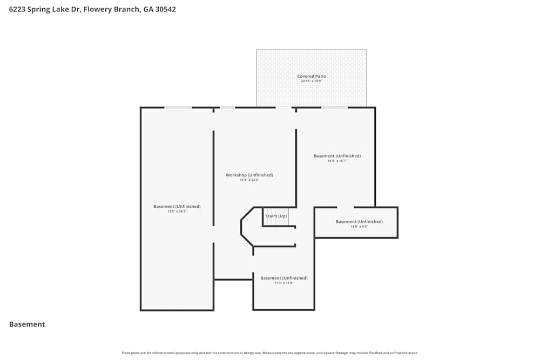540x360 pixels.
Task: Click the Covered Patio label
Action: coord(312,76)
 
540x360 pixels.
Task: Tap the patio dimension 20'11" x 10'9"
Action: coord(312,81)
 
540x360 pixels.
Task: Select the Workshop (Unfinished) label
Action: coord(249,175)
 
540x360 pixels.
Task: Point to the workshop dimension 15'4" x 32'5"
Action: coord(249,180)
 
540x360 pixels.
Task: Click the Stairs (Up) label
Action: coord(276,216)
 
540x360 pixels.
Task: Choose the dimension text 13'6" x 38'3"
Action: coord(177,212)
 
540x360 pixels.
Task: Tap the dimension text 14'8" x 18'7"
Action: coord(337,161)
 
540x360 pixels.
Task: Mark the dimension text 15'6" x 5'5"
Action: coord(359,227)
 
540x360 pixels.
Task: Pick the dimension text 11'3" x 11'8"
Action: coord(283,283)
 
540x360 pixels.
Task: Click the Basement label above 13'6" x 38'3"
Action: coord(177,206)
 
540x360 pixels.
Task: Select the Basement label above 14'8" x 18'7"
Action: coord(337,156)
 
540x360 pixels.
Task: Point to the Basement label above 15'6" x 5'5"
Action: coord(359,221)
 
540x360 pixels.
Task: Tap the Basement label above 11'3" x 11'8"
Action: coord(283,278)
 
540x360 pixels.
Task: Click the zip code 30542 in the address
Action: coord(165,9)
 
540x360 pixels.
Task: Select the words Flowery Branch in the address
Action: coord(111,9)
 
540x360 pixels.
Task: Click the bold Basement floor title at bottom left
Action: coord(27,324)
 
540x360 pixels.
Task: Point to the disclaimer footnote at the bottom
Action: coord(270,353)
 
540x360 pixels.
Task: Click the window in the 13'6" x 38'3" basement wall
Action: coord(178,107)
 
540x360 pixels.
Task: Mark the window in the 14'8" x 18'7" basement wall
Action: coord(334,107)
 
